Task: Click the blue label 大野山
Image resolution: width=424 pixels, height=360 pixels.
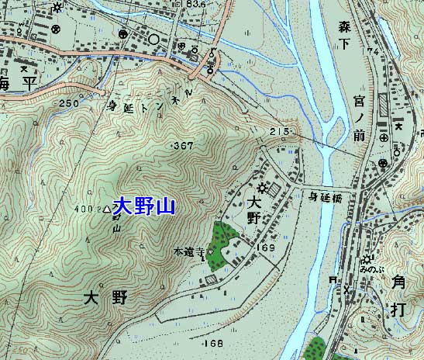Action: (x=144, y=206)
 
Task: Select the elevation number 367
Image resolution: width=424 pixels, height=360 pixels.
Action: (x=184, y=146)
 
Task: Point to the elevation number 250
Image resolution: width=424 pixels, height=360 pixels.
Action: (x=68, y=103)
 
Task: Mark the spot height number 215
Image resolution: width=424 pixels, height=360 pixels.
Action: (x=279, y=132)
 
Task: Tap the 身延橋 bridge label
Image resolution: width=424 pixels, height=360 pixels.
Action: (x=326, y=197)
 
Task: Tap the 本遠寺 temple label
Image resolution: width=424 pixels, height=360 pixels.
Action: (x=189, y=252)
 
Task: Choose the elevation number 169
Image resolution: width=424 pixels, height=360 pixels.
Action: (x=267, y=247)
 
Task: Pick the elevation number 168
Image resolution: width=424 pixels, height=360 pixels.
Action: (x=212, y=343)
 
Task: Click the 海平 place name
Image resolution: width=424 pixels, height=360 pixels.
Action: (x=19, y=83)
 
